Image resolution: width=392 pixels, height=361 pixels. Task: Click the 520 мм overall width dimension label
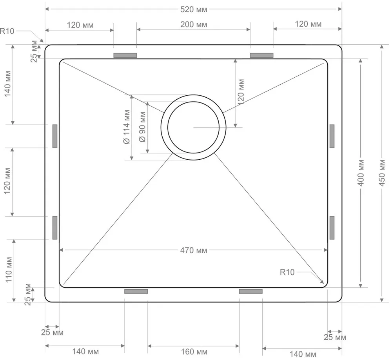pos(194,9)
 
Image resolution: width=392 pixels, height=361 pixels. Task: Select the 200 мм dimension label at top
pos(194,24)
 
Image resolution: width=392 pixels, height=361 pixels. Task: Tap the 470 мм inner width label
pos(194,250)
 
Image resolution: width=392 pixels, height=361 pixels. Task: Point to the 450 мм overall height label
pos(382,173)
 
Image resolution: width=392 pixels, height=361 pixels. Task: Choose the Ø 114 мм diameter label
pos(127,127)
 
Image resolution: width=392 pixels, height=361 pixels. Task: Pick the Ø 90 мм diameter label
pos(142,127)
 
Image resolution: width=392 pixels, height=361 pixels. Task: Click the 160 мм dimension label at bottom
pos(194,352)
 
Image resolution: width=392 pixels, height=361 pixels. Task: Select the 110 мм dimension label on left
pos(9,270)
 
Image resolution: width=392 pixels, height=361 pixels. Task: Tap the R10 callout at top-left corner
pos(7,31)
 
